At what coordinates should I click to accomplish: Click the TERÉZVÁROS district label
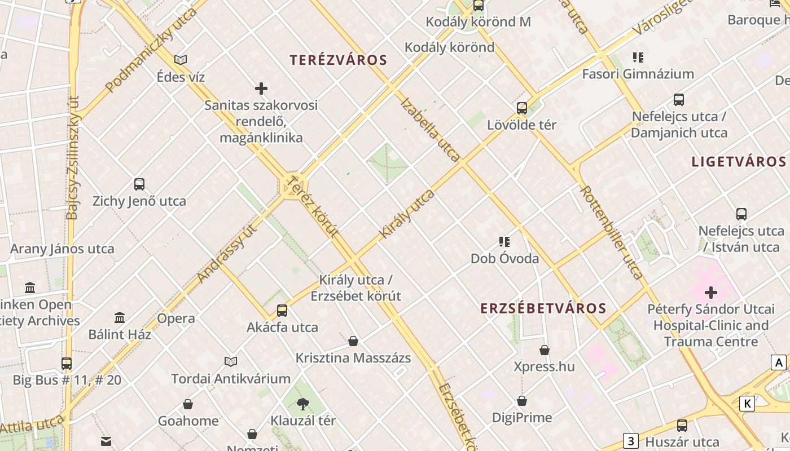[x=338, y=60]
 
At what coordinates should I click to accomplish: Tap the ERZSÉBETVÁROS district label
[x=543, y=308]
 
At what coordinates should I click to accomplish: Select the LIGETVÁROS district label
[x=739, y=162]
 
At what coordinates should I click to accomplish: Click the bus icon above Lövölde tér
[x=522, y=108]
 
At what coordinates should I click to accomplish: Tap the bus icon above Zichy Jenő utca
[x=139, y=184]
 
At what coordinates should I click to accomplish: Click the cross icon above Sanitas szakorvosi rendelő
[x=261, y=88]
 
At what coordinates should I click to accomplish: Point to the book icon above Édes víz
[x=181, y=60]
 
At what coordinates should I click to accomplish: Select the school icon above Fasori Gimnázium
[x=638, y=57]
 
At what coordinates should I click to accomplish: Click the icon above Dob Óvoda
[x=504, y=242]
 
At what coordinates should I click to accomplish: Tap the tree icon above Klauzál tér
[x=303, y=403]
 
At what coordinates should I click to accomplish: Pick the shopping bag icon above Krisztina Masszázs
[x=353, y=341]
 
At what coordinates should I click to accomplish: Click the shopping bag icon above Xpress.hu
[x=545, y=350]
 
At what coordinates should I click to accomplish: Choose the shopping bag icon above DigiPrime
[x=522, y=401]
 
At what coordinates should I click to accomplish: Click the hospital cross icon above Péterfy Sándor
[x=711, y=292]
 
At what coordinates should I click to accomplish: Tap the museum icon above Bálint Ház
[x=120, y=317]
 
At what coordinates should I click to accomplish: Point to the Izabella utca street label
[x=430, y=130]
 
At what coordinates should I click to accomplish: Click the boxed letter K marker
[x=748, y=404]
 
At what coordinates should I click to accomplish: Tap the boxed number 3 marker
[x=631, y=440]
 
